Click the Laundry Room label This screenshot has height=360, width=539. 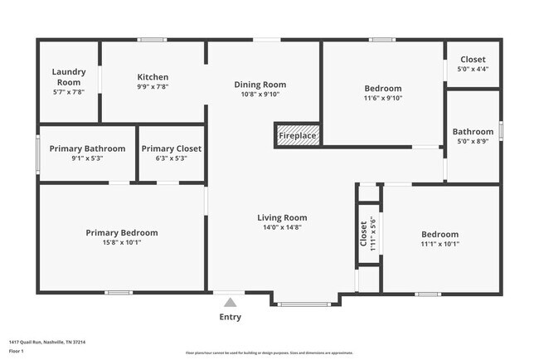point(69,77)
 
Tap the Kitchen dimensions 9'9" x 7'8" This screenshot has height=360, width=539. point(153,86)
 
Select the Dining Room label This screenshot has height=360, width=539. point(260,85)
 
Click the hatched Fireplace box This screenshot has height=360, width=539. point(298,135)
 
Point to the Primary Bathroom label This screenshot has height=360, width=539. point(87,148)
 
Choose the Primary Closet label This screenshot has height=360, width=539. point(171,148)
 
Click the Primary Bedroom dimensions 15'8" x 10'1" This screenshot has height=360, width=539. point(121,243)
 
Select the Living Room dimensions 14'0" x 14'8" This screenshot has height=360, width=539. point(282,227)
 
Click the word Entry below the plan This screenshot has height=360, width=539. point(230,317)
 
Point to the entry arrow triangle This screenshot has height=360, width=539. point(230,302)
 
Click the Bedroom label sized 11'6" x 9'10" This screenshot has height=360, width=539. point(382,89)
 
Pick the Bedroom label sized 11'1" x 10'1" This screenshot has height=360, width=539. point(439,233)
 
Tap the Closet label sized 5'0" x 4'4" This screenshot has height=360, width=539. point(473,60)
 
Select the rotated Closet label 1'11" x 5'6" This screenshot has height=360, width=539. point(363,233)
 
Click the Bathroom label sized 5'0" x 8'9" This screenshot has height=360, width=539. point(473,131)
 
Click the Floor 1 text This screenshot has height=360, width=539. point(17,352)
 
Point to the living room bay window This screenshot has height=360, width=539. point(304,304)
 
